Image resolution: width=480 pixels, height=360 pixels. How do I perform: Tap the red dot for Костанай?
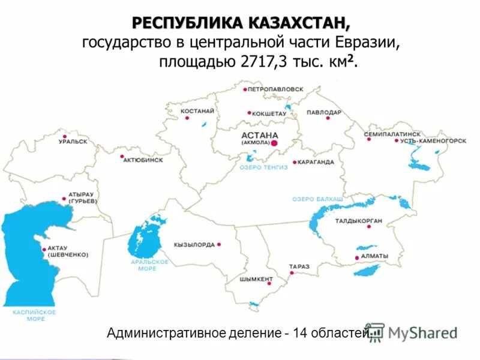tap(187, 118)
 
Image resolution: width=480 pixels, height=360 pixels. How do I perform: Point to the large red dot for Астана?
tap(274, 143)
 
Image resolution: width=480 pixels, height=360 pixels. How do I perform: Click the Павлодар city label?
tap(324, 112)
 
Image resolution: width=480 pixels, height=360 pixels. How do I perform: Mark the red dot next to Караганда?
tap(295, 162)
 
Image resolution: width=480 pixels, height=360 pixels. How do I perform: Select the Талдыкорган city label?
tap(359, 221)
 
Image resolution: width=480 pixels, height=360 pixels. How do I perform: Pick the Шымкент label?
tap(256, 279)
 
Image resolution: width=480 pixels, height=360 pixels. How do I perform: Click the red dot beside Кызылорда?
tap(220, 244)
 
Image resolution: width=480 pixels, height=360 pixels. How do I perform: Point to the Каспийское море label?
tap(34, 316)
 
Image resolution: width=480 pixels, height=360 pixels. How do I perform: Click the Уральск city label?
tap(73, 142)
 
